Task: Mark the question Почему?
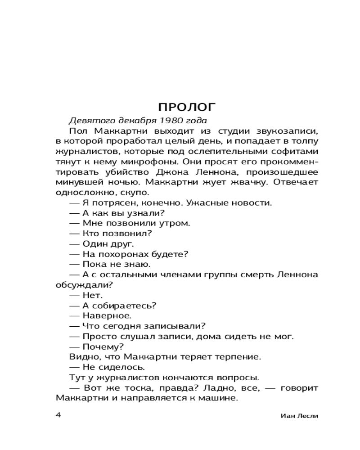(104, 346)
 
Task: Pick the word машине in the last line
(218, 398)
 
